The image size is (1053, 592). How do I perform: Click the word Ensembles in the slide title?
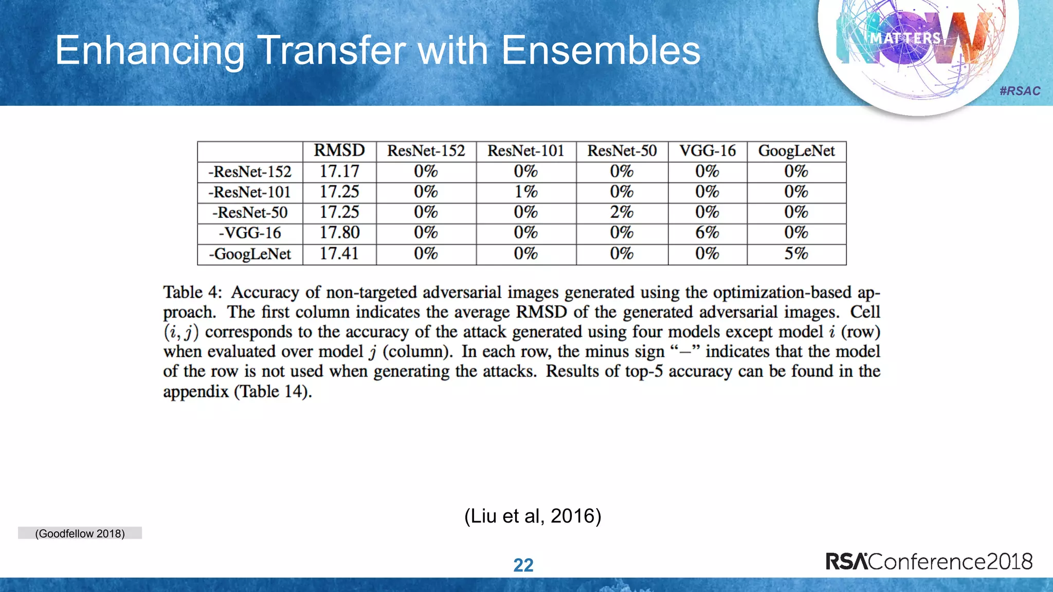601,50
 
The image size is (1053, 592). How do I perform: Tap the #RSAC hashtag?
1020,91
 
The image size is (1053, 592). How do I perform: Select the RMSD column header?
339,151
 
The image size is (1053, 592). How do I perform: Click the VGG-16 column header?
707,151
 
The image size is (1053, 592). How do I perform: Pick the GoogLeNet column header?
796,151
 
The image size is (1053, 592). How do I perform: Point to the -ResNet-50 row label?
250,212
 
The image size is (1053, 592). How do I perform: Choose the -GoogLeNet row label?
250,254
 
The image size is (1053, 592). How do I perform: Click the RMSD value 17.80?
339,233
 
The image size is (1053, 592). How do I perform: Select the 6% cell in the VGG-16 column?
707,233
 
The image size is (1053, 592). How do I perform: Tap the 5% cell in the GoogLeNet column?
796,253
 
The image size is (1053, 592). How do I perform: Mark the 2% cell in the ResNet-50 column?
622,212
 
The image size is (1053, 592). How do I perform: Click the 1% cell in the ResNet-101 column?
526,192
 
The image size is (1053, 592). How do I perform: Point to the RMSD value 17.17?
339,171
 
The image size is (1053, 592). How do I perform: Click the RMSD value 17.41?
339,253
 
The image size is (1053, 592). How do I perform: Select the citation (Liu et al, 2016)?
533,515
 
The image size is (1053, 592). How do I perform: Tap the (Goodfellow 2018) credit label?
80,533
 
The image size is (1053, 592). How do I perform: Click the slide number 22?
523,565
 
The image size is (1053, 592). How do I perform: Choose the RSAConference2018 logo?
929,561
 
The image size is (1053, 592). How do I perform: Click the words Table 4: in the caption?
192,292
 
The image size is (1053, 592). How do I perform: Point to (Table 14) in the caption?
273,392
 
